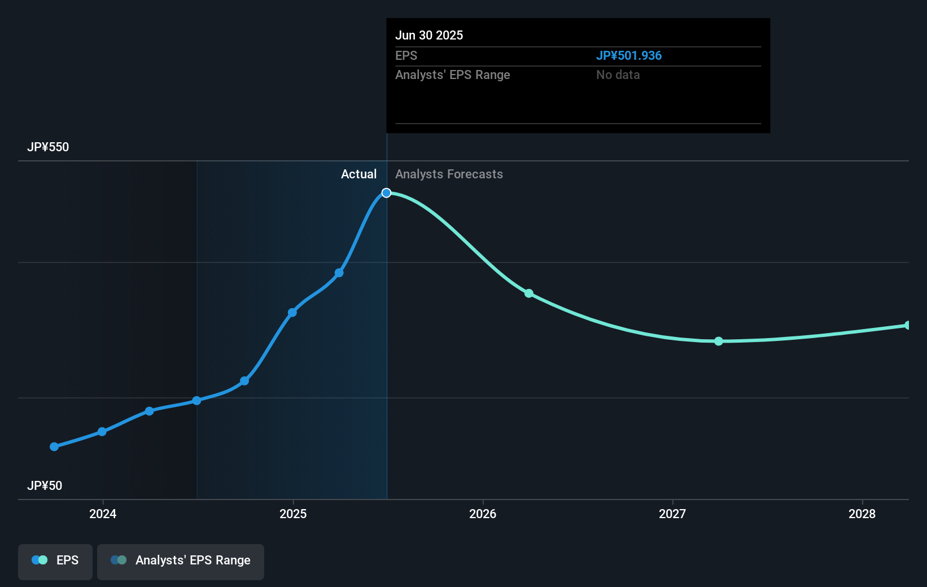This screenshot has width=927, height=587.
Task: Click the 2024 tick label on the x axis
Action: tap(103, 514)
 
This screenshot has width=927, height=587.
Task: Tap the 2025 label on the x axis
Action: tap(293, 514)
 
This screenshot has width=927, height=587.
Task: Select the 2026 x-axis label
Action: tap(483, 514)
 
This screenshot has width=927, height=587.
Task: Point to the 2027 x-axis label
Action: tap(672, 514)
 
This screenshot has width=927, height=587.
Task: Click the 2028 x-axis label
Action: tap(862, 514)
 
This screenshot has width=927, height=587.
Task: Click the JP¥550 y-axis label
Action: tap(48, 147)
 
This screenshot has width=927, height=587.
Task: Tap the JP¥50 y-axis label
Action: tap(45, 486)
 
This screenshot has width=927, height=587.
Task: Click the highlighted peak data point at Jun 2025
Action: tap(386, 193)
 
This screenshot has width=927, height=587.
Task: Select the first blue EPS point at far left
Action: tap(54, 446)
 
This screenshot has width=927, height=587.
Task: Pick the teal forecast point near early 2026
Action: tap(529, 293)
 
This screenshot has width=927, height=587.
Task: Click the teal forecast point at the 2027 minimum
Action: tap(719, 341)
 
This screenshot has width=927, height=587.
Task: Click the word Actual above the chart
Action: tap(358, 174)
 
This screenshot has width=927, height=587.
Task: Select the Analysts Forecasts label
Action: tap(449, 174)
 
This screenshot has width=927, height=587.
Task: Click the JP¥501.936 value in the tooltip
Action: tap(629, 56)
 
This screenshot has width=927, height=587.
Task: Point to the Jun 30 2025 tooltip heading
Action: tap(429, 35)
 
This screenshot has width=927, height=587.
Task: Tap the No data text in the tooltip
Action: tap(618, 75)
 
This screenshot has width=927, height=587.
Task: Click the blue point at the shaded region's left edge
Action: tap(196, 401)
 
